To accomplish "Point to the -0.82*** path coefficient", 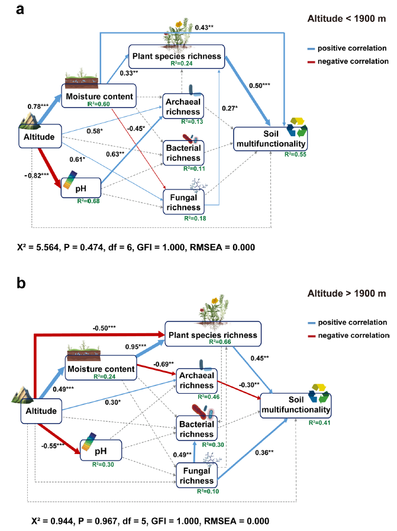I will [x=38, y=175].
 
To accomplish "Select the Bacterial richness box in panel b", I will [x=197, y=429].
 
